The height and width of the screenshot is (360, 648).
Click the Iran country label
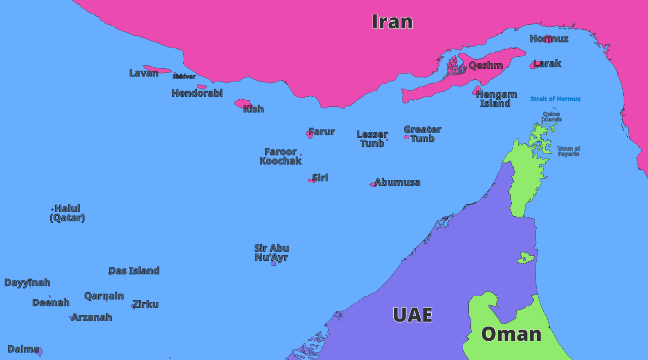click(392, 22)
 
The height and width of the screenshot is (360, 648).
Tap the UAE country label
click(413, 315)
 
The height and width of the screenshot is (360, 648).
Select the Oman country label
click(511, 334)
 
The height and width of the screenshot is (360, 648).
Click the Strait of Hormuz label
click(555, 99)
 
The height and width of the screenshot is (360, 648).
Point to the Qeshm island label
click(485, 65)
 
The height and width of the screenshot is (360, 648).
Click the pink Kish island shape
click(242, 103)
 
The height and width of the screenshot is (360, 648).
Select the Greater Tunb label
click(423, 134)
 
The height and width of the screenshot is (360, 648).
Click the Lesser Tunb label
click(372, 139)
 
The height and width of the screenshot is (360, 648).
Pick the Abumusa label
click(397, 182)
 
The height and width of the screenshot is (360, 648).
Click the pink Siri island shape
click(311, 180)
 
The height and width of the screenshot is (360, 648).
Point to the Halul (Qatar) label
click(67, 213)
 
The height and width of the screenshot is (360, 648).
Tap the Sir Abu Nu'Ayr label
click(272, 253)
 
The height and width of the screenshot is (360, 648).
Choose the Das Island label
click(134, 271)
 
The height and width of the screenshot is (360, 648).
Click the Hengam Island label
click(496, 99)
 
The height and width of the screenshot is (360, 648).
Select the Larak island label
click(547, 64)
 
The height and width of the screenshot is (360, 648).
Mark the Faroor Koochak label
click(280, 156)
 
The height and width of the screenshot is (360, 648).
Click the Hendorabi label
click(197, 93)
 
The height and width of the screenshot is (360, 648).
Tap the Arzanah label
click(92, 317)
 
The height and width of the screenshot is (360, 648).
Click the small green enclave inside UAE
click(525, 258)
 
